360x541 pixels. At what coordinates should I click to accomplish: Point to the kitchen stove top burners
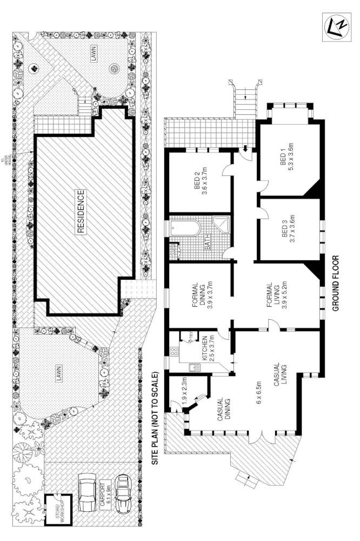[175, 352]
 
